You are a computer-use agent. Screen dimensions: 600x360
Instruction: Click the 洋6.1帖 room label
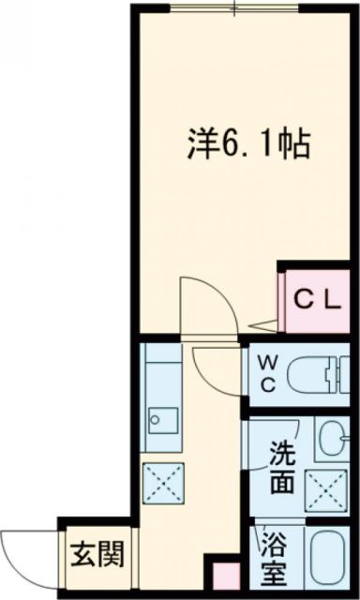(x=246, y=147)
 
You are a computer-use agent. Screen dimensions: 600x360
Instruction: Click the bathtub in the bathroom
(x=330, y=560)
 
